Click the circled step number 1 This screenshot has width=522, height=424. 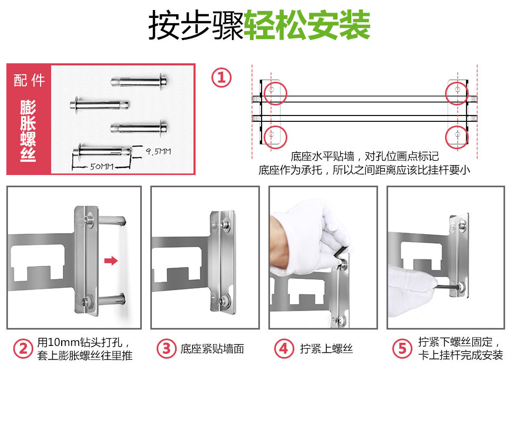coord(221,78)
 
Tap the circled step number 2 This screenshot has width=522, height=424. coord(23,349)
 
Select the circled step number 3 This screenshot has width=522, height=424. coord(166,349)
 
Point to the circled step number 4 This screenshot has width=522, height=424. coord(284,349)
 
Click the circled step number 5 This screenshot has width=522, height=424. coord(402,349)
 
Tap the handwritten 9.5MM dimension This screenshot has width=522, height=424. coord(159,152)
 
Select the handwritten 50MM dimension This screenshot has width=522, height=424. coord(102,166)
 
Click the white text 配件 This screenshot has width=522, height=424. coord(29,81)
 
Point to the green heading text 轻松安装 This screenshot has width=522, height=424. coord(307,25)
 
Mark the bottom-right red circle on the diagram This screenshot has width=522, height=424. coord(457,136)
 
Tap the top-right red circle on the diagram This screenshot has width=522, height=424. coord(457,92)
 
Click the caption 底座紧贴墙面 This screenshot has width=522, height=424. coord(212,349)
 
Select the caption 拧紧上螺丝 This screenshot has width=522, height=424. coord(326,349)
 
